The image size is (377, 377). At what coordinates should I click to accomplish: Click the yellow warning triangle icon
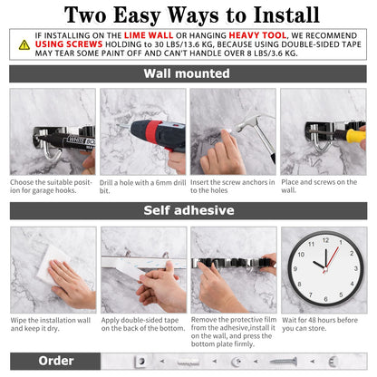[x=24, y=43]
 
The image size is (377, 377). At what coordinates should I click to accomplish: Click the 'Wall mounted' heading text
[x=188, y=73]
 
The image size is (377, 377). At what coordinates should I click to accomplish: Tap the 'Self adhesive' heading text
[x=188, y=211]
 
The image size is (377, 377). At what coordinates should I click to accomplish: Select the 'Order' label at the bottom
[x=55, y=361]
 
